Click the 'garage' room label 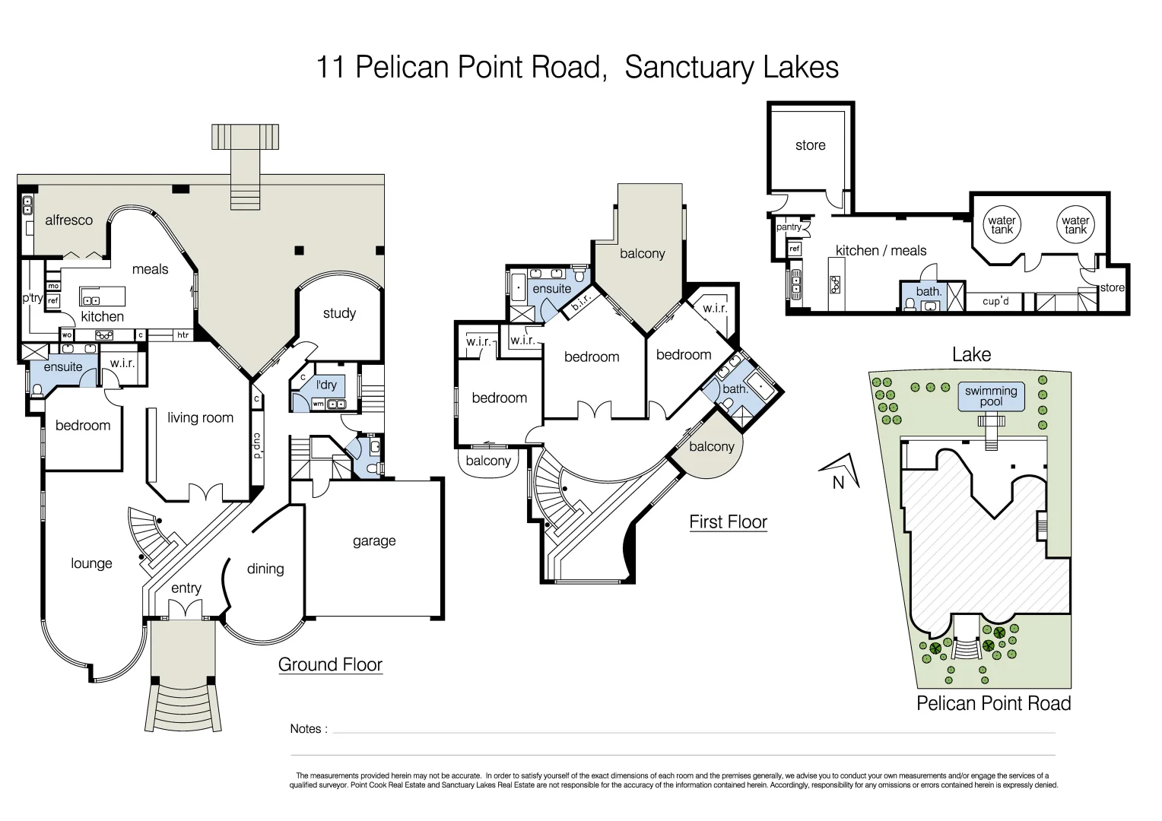[374, 541]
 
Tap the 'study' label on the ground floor [339, 313]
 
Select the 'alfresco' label [68, 220]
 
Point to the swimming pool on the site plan [991, 396]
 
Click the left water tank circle [1002, 225]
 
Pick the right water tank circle [1075, 225]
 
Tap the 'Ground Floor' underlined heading [330, 664]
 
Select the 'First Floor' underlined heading [728, 522]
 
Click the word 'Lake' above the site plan [971, 355]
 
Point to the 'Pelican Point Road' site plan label [993, 704]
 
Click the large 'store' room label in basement [810, 145]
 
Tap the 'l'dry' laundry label [326, 385]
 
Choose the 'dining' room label [265, 569]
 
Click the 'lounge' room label [91, 563]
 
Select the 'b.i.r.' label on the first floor [581, 303]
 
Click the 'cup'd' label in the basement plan [995, 301]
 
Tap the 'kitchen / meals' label [881, 251]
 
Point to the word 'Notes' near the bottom [306, 729]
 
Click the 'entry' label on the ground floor [186, 588]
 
